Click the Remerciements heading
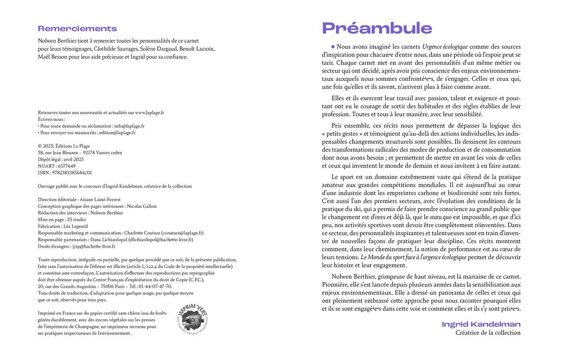tap(77, 28)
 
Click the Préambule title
tap(377, 28)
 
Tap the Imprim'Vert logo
tap(193, 320)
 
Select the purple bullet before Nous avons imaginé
tap(333, 47)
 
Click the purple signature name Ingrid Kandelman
tap(481, 324)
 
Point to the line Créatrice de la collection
tap(488, 333)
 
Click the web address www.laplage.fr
tap(149, 112)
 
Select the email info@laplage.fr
tap(129, 126)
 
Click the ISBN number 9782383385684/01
tap(72, 172)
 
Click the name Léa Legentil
tap(75, 226)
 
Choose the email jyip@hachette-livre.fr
tap(93, 246)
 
